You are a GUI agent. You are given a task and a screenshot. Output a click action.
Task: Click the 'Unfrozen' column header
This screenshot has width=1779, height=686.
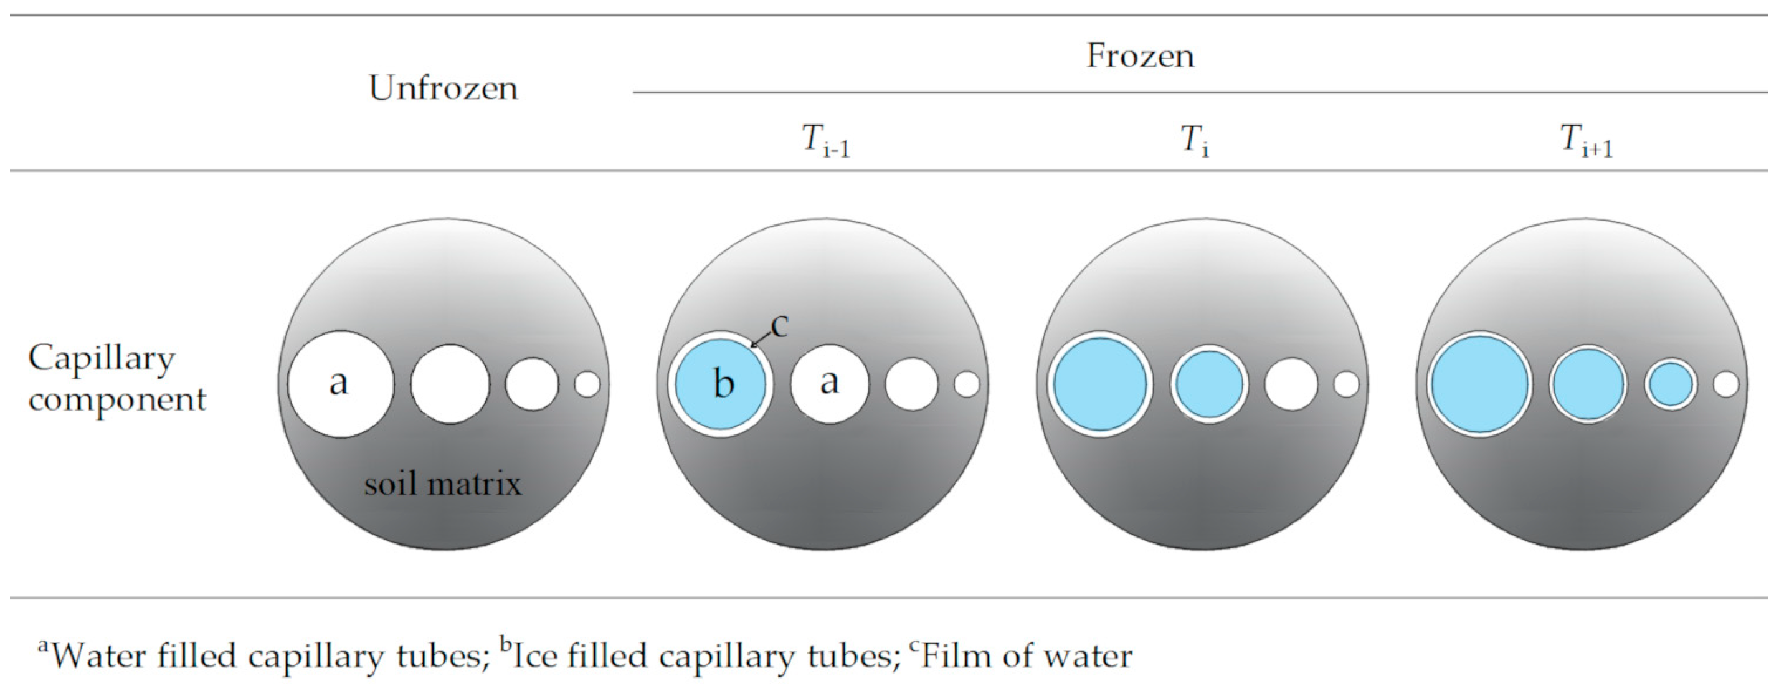pos(444,88)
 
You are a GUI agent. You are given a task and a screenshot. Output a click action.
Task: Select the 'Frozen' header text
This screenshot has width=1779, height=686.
pos(1140,56)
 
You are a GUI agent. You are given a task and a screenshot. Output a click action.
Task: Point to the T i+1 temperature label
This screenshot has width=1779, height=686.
pos(1587,144)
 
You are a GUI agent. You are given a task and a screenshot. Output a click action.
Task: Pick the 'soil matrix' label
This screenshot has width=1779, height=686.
pos(443,484)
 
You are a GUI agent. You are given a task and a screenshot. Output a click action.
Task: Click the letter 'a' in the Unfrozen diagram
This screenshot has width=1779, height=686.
pos(338,382)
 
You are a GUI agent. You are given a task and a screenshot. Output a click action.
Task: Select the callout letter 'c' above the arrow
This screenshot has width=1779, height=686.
pos(779,325)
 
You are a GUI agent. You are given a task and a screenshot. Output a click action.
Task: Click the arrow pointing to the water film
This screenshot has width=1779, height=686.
pos(761,339)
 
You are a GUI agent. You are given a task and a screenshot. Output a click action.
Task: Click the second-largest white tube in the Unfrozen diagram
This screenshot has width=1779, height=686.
pos(450,384)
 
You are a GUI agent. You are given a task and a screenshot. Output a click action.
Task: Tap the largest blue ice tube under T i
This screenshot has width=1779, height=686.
pos(1099,384)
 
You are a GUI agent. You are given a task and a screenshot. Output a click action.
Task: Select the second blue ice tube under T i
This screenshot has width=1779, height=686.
pos(1208,384)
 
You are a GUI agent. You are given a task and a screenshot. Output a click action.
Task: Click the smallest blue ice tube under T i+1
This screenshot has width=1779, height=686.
pos(1670,384)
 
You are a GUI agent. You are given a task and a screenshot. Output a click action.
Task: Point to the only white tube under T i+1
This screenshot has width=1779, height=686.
pos(1726,384)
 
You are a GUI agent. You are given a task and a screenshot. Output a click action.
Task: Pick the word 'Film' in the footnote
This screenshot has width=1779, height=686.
pos(952,655)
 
